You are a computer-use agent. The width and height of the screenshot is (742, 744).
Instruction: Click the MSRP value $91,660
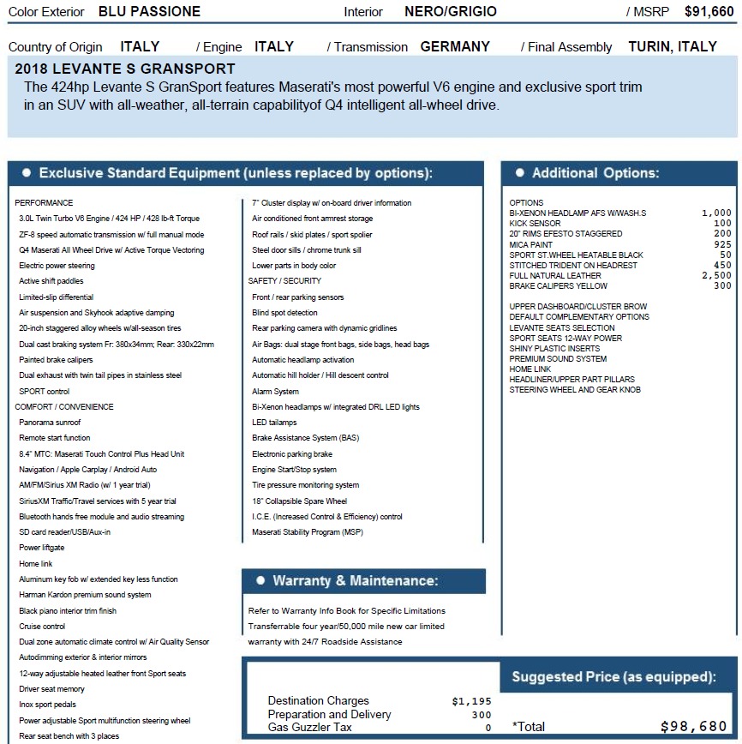tap(709, 12)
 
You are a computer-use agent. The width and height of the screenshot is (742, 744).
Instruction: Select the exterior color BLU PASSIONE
tap(149, 12)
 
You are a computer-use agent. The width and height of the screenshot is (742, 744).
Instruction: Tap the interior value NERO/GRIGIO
tap(450, 12)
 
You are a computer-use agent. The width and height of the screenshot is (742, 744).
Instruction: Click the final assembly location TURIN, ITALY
tap(672, 47)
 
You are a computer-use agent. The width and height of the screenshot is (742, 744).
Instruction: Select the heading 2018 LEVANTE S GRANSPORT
tap(125, 69)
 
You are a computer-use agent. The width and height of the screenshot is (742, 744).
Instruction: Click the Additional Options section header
tap(595, 173)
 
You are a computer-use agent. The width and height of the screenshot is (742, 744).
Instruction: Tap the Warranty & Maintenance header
tap(355, 581)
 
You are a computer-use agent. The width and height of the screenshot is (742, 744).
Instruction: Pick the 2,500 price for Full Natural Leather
tap(716, 276)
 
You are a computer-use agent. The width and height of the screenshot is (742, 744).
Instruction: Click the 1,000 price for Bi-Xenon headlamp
tap(716, 213)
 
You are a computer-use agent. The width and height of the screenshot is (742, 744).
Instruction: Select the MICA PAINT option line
tap(531, 245)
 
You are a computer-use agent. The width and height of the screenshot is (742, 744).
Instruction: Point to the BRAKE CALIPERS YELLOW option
tap(558, 286)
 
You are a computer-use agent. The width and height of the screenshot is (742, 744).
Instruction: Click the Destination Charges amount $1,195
tap(472, 701)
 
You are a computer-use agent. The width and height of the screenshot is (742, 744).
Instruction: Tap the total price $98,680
tap(693, 727)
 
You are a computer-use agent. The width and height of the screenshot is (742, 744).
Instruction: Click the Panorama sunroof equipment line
tap(50, 423)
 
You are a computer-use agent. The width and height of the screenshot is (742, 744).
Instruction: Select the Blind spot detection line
tap(284, 313)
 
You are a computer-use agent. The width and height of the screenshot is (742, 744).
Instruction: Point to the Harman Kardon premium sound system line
tap(85, 595)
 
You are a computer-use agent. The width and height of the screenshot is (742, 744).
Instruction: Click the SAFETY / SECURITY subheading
tap(284, 281)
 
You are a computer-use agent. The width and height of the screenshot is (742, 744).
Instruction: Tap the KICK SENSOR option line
tap(535, 224)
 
